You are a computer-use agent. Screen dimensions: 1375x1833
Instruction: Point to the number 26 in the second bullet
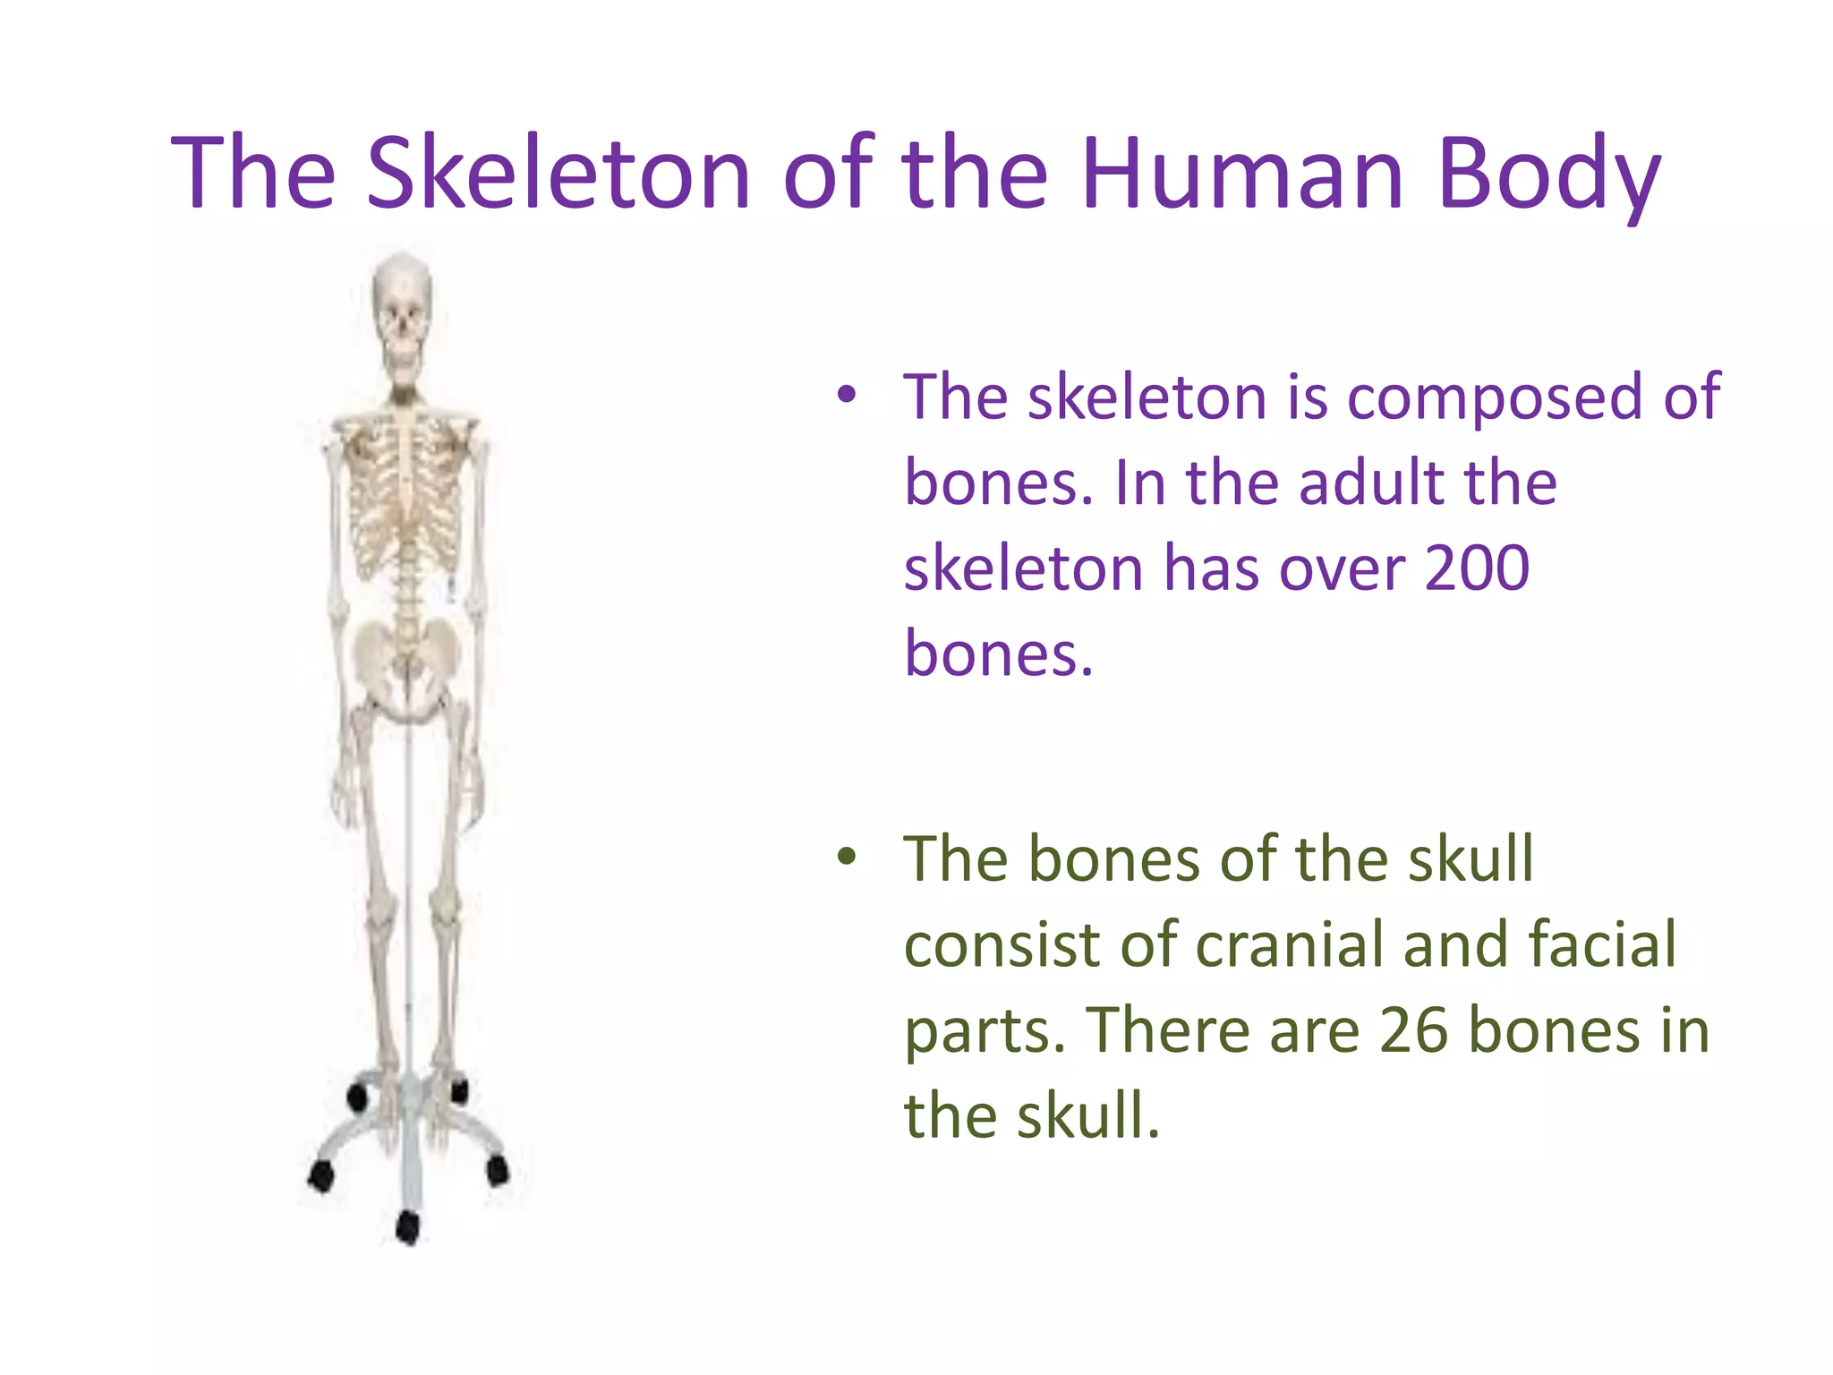pos(1413,1029)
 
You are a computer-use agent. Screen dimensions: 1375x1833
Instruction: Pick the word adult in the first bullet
pos(1370,483)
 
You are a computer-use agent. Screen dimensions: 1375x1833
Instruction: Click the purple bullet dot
pos(847,394)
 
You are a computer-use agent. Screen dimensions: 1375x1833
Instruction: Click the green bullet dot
pos(847,857)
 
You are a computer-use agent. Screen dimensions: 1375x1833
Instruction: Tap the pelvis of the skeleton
pos(407,662)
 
